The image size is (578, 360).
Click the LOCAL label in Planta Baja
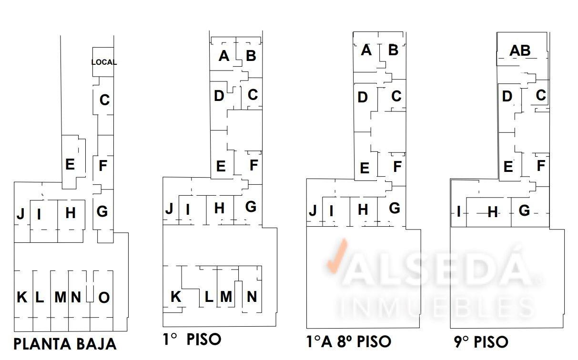104,62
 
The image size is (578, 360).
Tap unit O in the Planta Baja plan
104,298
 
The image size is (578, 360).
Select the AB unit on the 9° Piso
520,50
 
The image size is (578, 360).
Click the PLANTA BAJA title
65,344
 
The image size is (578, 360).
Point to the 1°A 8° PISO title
349,341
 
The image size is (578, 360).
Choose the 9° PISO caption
481,342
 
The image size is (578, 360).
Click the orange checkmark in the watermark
337,256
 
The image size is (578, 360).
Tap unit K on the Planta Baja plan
22,297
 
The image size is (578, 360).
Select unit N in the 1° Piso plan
252,297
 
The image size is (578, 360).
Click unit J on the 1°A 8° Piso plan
313,210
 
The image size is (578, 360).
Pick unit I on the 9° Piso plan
458,211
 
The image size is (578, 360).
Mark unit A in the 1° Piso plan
223,56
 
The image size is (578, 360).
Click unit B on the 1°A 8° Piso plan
393,50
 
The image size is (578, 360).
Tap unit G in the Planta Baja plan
102,211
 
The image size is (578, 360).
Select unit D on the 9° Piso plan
507,97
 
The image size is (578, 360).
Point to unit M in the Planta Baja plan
61,297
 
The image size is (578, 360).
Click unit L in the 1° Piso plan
209,297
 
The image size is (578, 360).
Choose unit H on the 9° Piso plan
493,212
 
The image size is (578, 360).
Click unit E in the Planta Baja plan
70,164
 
